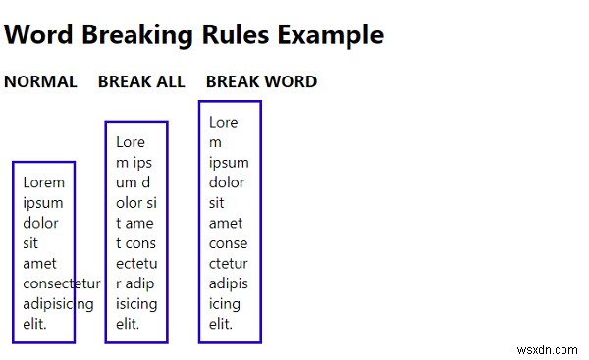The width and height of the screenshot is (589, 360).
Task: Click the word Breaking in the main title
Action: pos(137,35)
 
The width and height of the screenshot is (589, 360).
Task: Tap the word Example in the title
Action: pos(331,35)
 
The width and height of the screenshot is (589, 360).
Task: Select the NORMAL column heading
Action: pos(40,81)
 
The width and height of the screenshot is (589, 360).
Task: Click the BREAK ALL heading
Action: pos(141,81)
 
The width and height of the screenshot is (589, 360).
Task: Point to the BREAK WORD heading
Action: pos(262,81)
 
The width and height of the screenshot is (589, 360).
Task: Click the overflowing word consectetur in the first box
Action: pos(62,283)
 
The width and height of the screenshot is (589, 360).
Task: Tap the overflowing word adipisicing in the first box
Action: pos(58,304)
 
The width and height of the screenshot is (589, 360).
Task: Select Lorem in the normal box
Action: pos(43,182)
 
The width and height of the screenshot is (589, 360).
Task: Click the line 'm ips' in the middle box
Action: pos(134,163)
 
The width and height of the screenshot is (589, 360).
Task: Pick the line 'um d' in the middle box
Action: pos(133,182)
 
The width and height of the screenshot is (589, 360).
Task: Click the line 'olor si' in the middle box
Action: pos(136,203)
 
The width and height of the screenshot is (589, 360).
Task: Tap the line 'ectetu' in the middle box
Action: pos(136,264)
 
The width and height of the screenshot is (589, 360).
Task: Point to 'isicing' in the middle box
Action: pos(136,304)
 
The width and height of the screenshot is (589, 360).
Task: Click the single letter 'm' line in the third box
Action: pos(215,143)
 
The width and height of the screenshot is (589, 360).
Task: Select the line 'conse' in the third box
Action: pos(229,243)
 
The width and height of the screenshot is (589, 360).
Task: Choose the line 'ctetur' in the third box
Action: pos(229,264)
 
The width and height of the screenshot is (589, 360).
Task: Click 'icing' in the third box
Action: pos(225,304)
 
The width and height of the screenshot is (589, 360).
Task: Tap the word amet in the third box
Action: pos(226,224)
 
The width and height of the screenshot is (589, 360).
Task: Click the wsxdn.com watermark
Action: pos(548,350)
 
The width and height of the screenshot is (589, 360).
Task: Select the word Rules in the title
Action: pos(236,35)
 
